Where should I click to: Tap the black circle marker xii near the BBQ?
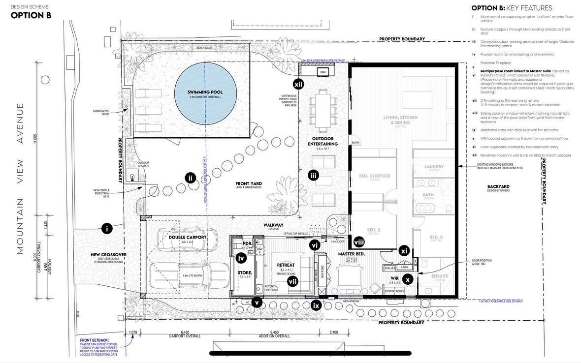pos(298,84)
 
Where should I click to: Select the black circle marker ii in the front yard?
pos(191,178)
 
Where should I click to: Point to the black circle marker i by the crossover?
pos(107,228)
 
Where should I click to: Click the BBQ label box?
pos(323,72)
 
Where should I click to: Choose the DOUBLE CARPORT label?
pos(187,237)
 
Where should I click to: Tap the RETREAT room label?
pos(286,265)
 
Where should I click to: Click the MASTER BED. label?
pos(351,253)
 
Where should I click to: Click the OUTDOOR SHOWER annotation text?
pos(143,164)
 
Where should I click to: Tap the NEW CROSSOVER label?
pos(109,254)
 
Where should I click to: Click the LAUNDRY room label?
pos(434,167)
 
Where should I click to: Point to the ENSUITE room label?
pos(440,276)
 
